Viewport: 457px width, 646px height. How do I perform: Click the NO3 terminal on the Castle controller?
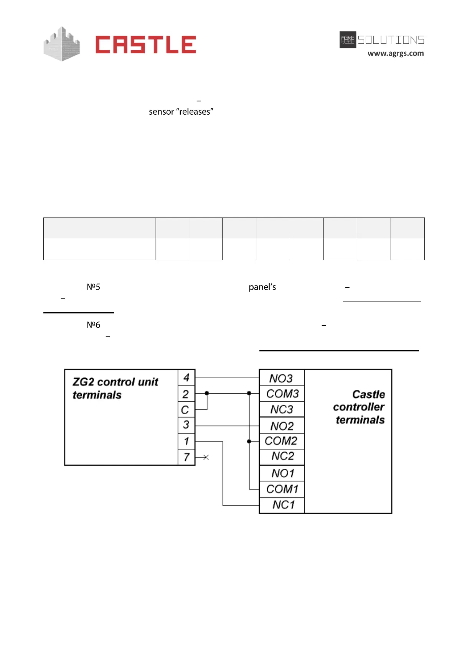281,378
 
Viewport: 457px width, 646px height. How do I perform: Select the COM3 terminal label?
282,394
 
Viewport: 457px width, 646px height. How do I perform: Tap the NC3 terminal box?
282,409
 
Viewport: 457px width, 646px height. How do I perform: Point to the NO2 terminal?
282,426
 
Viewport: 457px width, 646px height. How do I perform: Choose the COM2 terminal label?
281,441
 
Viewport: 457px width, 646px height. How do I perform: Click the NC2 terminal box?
282,456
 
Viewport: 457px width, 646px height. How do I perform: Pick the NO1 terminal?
282,473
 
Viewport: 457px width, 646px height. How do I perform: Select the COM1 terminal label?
282,489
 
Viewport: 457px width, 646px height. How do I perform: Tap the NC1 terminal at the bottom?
283,505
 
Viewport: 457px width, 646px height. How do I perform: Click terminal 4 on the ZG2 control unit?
186,377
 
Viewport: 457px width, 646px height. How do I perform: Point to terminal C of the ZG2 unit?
185,410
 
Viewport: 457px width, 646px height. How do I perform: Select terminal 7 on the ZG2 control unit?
186,457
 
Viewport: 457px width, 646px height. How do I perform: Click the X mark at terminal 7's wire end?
206,457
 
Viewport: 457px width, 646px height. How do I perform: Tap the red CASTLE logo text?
145,44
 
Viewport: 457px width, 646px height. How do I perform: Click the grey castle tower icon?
61,44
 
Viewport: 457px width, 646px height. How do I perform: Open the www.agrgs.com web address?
396,53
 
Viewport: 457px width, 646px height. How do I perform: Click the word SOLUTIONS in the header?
391,40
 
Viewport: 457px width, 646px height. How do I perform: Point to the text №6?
93,325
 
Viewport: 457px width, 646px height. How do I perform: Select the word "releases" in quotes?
195,112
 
